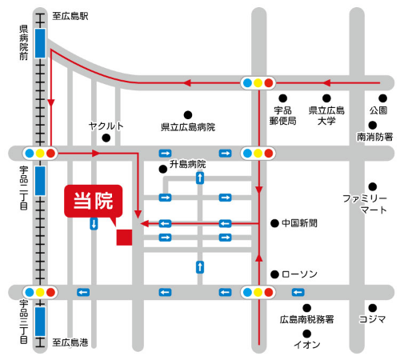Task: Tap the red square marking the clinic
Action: pyautogui.click(x=124, y=238)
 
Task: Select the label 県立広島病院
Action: pyautogui.click(x=188, y=127)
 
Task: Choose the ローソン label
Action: pyautogui.click(x=300, y=274)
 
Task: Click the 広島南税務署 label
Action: pyautogui.click(x=306, y=319)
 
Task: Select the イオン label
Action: pyautogui.click(x=307, y=344)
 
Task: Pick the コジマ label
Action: pyautogui.click(x=372, y=319)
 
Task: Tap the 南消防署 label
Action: pyautogui.click(x=374, y=137)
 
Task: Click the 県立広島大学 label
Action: pyautogui.click(x=326, y=115)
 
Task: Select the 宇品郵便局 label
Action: pyautogui.click(x=285, y=115)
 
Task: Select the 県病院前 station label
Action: pyautogui.click(x=24, y=42)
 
